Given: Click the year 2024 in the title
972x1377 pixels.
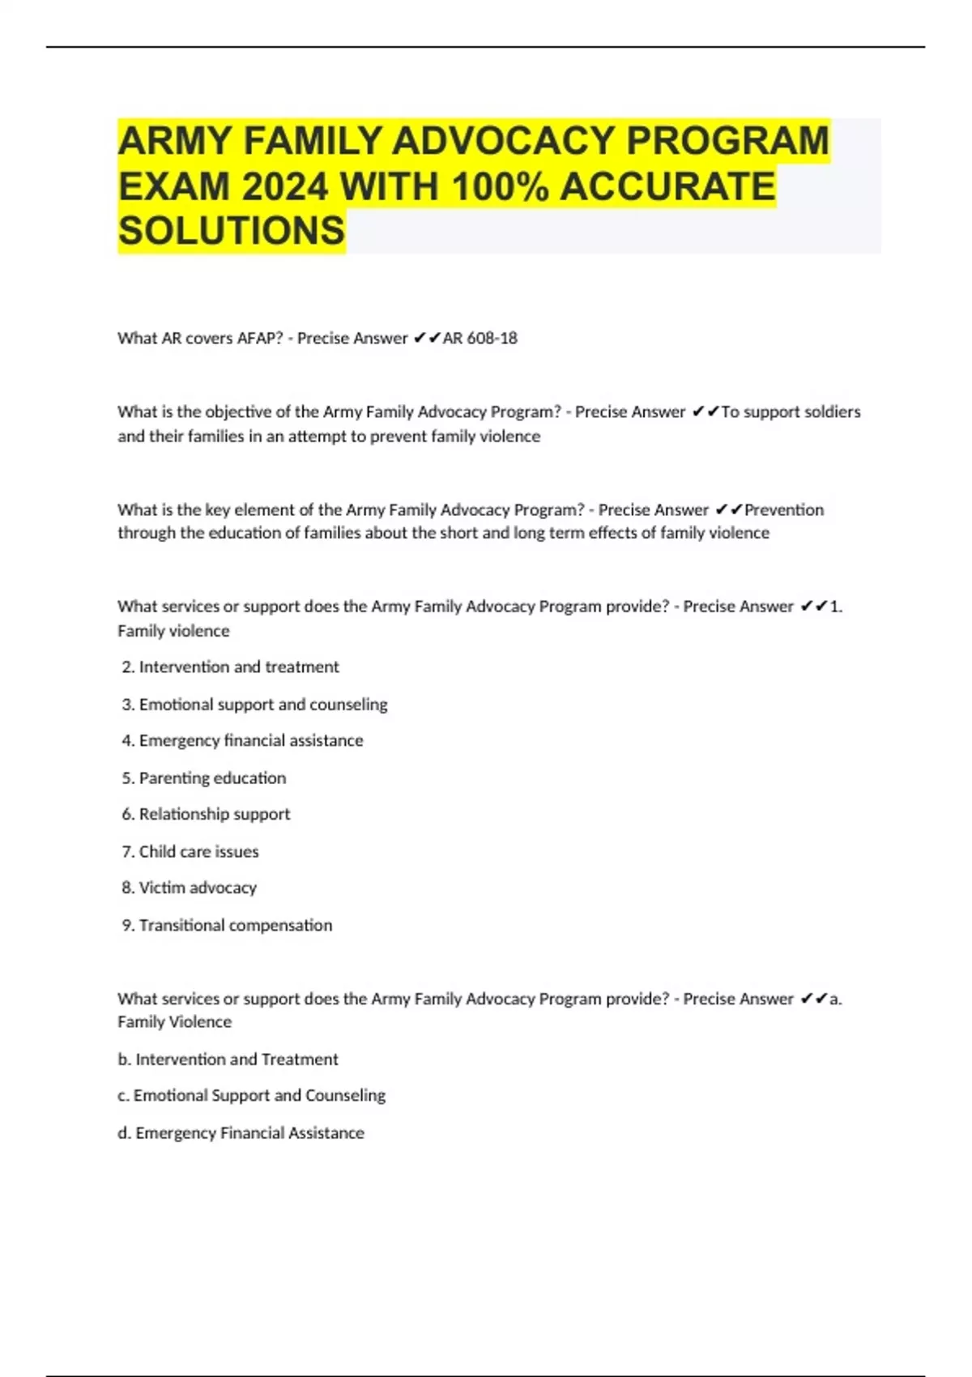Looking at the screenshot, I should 284,187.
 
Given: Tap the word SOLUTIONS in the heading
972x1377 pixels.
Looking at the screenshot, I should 232,232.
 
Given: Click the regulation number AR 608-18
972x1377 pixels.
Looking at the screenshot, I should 480,339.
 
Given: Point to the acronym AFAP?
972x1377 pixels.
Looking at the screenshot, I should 259,339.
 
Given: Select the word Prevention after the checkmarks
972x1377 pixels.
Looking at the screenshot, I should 784,510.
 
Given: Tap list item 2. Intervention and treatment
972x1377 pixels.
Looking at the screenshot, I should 231,667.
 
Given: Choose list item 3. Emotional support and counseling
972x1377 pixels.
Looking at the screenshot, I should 255,705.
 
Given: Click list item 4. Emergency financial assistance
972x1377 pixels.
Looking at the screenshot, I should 243,740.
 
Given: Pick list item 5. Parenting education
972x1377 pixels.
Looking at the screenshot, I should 204,778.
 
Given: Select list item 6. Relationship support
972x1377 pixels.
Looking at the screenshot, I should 207,814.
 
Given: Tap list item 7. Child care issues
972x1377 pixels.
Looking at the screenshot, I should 190,852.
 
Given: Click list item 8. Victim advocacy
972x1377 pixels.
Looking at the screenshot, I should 190,888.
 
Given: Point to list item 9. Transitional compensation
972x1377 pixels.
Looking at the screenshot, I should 228,925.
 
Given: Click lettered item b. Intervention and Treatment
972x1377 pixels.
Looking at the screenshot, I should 228,1059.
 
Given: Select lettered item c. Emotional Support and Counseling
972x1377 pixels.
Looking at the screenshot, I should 251,1096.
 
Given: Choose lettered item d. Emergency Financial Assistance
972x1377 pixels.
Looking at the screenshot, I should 241,1133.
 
